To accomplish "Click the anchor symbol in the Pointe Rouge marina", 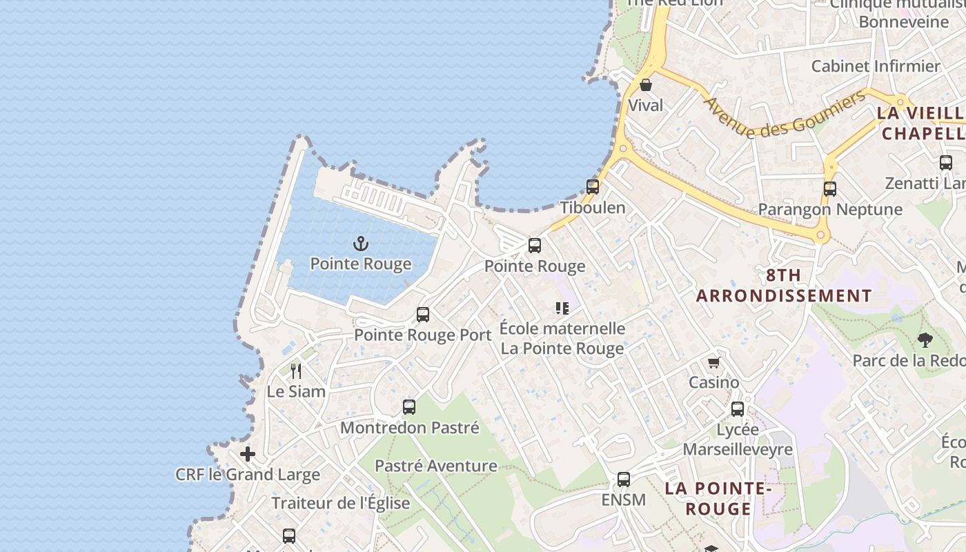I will click(x=360, y=244).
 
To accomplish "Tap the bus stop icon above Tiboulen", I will click(x=593, y=186).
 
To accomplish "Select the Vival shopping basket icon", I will click(x=646, y=85).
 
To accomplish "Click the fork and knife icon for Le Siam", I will click(x=296, y=371).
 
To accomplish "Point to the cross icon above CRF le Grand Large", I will click(x=248, y=454).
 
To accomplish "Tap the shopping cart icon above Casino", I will click(x=713, y=362).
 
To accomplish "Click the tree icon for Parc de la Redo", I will click(x=925, y=339).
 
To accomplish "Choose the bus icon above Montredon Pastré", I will click(x=409, y=407).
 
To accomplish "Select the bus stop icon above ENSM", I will click(x=624, y=479).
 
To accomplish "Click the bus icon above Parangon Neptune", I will click(x=830, y=188).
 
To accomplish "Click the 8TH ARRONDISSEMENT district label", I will click(x=784, y=286).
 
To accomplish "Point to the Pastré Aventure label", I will click(x=435, y=466).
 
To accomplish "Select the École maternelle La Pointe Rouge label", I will click(x=562, y=338).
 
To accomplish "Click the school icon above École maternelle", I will click(x=562, y=308).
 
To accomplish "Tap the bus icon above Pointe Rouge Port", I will click(x=423, y=315).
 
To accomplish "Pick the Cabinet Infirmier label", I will click(x=876, y=66).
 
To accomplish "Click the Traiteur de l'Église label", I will click(x=341, y=503).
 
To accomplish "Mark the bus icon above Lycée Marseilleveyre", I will click(x=738, y=408).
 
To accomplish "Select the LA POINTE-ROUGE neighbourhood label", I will click(x=718, y=498).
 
